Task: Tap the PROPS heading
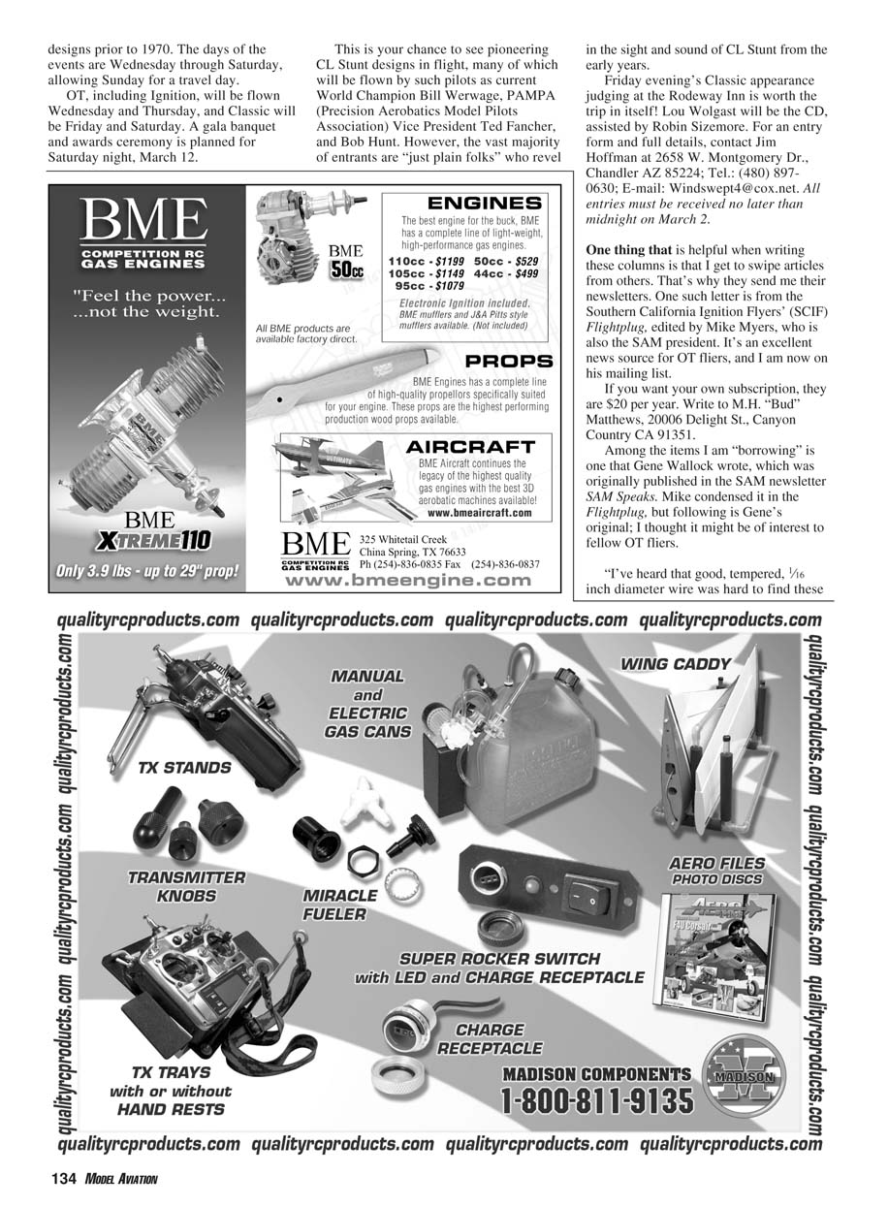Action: coord(509,361)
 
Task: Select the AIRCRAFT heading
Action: coord(470,447)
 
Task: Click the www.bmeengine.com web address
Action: coord(406,581)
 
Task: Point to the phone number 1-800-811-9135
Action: coord(597,1102)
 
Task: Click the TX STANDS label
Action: coord(184,768)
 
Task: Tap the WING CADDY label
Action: coord(676,664)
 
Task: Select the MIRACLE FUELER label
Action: coord(339,905)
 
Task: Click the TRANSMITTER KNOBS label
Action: coord(186,886)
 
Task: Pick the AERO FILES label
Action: coord(716,864)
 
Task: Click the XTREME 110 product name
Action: coord(153,540)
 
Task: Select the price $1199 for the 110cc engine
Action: coord(450,262)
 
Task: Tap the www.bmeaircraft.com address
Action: coord(479,513)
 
